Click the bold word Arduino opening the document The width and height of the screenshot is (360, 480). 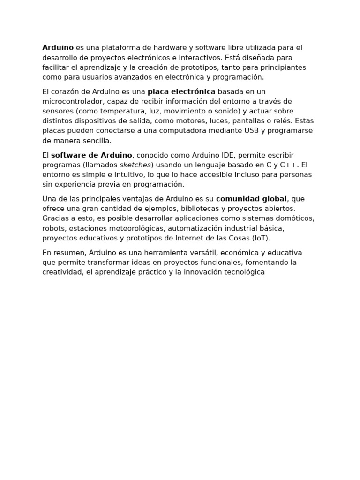pyautogui.click(x=58, y=48)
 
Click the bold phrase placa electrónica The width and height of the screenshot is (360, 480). pyautogui.click(x=181, y=91)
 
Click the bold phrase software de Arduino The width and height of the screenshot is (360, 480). pyautogui.click(x=91, y=155)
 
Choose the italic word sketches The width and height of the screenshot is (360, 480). pyautogui.click(x=135, y=165)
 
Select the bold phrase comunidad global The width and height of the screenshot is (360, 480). pyautogui.click(x=251, y=199)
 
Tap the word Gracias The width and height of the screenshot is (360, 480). pyautogui.click(x=55, y=218)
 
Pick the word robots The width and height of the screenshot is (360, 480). pyautogui.click(x=53, y=228)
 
